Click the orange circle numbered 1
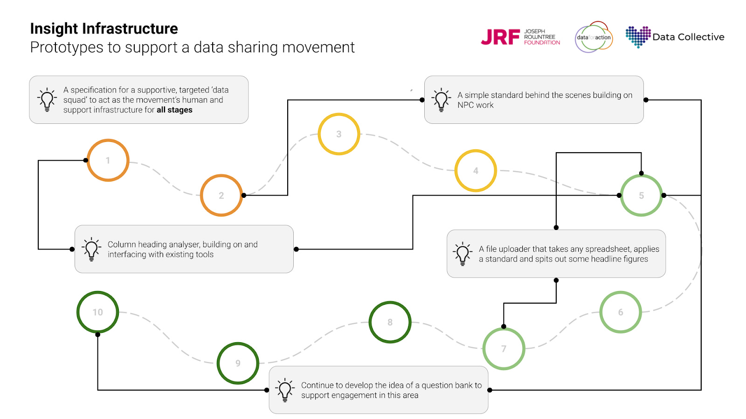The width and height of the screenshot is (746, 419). click(x=108, y=160)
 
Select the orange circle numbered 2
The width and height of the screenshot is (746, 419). click(x=221, y=196)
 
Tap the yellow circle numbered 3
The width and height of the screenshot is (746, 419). click(x=339, y=134)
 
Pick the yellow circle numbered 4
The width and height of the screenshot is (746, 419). click(x=476, y=171)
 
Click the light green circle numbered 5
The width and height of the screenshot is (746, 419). click(x=641, y=196)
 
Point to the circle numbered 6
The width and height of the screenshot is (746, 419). click(x=621, y=312)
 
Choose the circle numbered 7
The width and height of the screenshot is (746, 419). click(x=504, y=349)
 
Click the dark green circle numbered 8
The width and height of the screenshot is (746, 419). click(x=390, y=322)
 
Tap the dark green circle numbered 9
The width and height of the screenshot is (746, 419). click(x=238, y=363)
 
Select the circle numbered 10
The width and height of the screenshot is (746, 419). click(x=97, y=312)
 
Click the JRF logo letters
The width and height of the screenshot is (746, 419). click(x=500, y=37)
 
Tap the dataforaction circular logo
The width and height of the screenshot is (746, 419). click(x=594, y=37)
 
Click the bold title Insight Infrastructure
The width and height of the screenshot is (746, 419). click(x=104, y=29)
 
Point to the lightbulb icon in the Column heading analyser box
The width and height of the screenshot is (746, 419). click(x=91, y=249)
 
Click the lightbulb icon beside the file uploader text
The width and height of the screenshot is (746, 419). click(x=463, y=254)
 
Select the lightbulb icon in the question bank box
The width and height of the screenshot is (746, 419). click(x=285, y=390)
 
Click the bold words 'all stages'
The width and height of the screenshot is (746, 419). click(x=174, y=110)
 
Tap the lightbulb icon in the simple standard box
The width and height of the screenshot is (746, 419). click(x=441, y=100)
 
